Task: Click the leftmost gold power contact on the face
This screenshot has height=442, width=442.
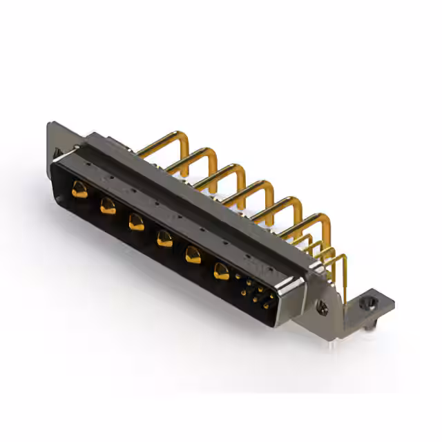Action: [80, 189]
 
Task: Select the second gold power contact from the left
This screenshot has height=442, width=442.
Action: [108, 205]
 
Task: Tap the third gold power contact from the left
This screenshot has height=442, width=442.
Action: [136, 222]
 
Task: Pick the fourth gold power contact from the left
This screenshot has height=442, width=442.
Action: [164, 239]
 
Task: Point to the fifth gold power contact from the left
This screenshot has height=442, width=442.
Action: [193, 255]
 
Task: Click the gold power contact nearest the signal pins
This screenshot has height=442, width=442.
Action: [221, 271]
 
